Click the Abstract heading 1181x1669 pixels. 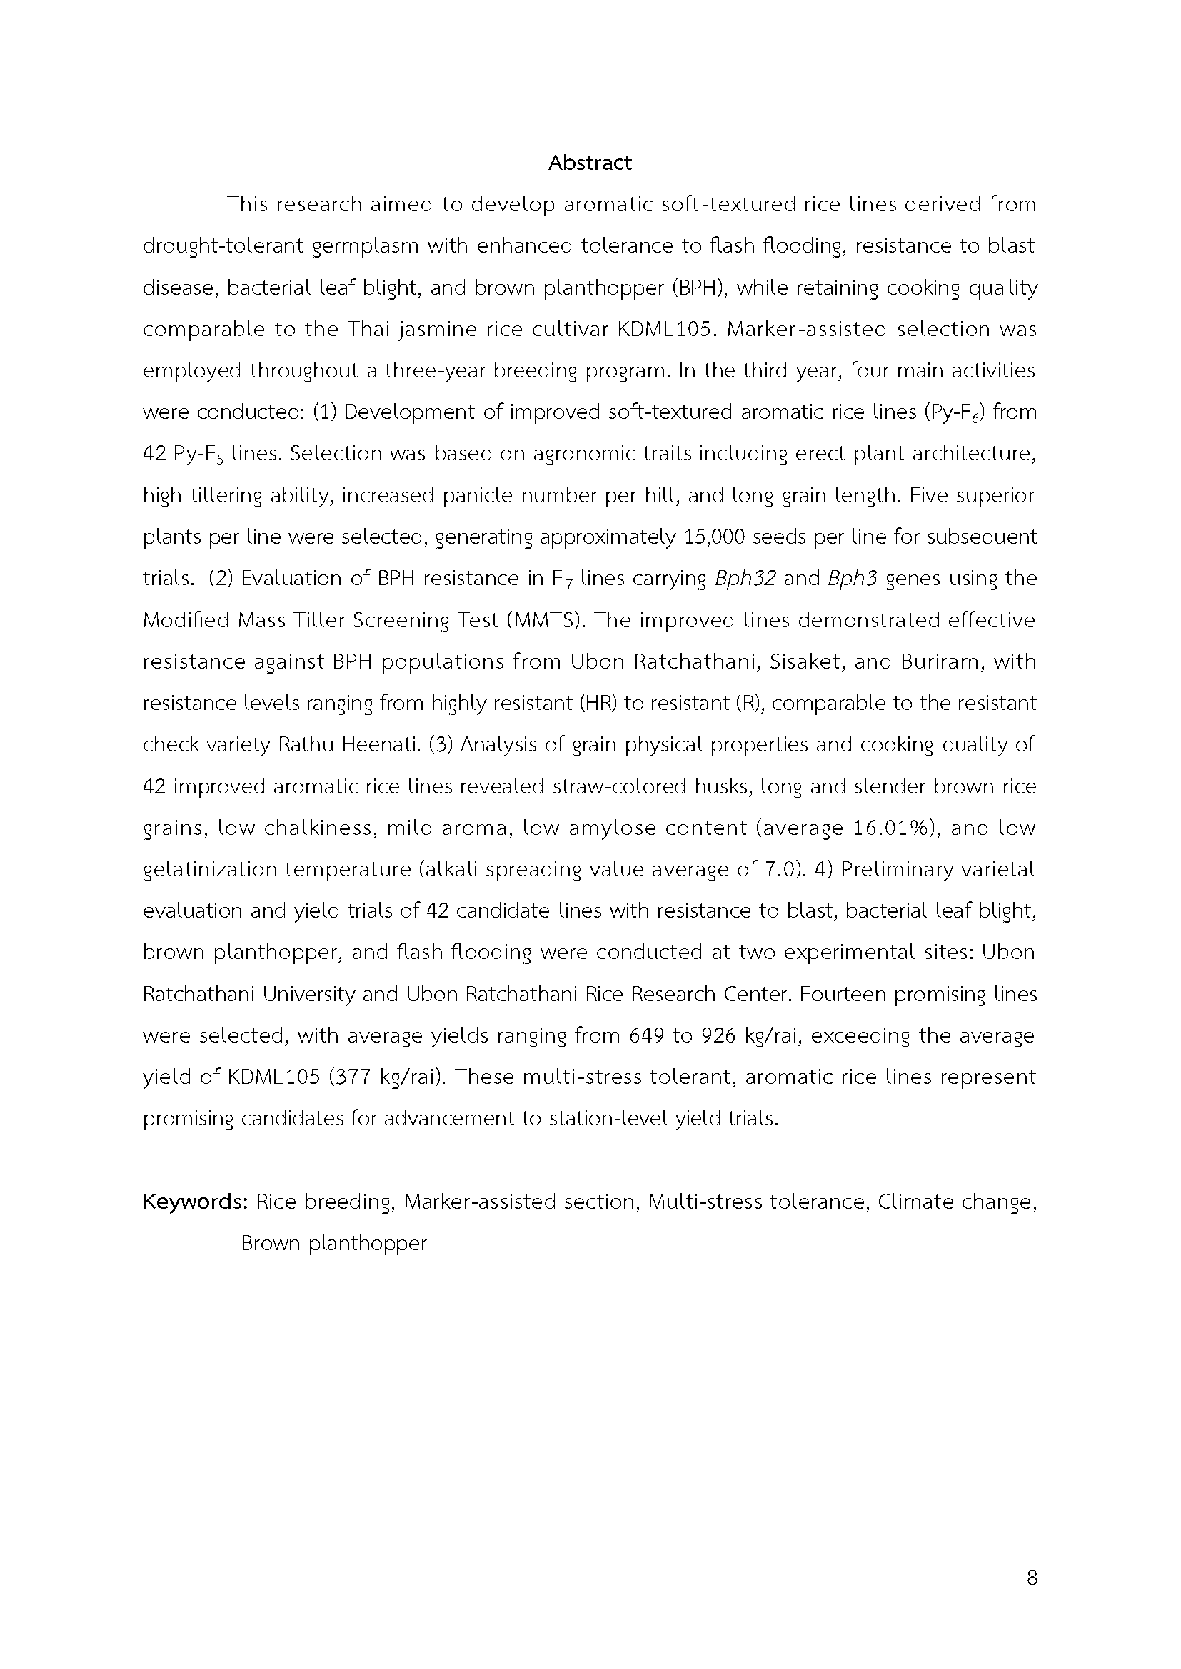590,163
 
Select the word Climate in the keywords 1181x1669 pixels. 915,1202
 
